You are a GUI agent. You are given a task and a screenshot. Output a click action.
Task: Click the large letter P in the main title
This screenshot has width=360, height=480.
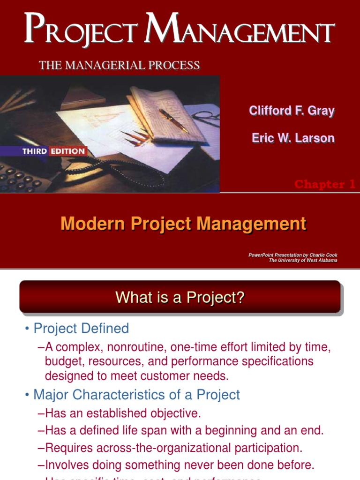pos(35,29)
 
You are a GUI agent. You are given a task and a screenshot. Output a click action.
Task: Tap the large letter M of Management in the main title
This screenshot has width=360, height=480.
pos(172,29)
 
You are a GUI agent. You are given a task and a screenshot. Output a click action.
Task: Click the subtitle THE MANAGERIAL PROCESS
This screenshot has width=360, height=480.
pos(120,65)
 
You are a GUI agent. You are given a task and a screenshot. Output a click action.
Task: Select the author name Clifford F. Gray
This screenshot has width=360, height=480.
pos(292,111)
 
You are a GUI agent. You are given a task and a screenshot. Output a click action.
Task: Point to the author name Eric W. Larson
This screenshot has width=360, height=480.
pos(293,138)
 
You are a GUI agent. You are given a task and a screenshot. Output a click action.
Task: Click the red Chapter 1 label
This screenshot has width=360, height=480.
pos(324,184)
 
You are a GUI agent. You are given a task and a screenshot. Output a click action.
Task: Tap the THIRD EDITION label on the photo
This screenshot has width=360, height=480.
pos(54,151)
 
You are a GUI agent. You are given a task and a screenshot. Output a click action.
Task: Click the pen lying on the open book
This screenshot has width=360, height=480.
pos(173,120)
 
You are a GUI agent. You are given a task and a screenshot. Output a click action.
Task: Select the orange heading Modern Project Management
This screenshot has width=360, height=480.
pos(183,224)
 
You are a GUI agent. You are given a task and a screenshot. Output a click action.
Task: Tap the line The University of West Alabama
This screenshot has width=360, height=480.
pos(303,261)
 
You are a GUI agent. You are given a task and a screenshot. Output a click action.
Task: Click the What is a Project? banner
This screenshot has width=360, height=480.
pos(180,297)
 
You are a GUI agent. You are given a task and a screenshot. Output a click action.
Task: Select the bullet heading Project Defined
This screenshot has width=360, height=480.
pos(81,329)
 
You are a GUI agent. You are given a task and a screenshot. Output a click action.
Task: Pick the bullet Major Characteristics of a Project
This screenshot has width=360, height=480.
pos(136,395)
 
